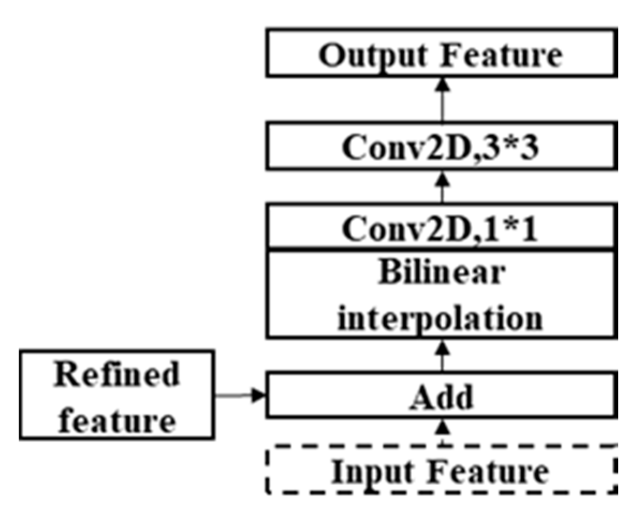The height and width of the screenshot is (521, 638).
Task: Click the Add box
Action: [x=442, y=396]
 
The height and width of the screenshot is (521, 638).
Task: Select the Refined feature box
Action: [x=117, y=395]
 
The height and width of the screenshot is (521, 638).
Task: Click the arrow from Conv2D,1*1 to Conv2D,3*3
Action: [x=442, y=190]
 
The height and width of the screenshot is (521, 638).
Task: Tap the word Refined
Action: [x=117, y=375]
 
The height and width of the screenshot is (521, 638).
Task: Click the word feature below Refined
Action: [x=117, y=421]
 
